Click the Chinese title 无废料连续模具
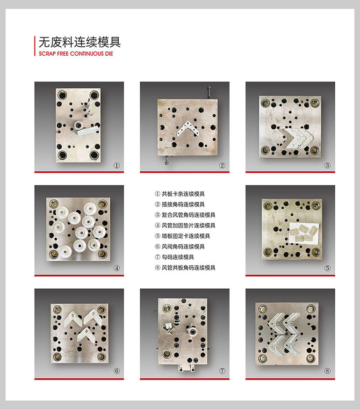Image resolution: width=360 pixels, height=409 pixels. pyautogui.click(x=79, y=42)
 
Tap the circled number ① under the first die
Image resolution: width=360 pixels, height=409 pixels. pyautogui.click(x=117, y=165)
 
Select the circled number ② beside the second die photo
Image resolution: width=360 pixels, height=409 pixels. pyautogui.click(x=223, y=165)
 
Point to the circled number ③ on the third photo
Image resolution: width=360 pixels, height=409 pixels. pyautogui.click(x=328, y=165)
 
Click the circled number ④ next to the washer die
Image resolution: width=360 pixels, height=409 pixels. pyautogui.click(x=117, y=268)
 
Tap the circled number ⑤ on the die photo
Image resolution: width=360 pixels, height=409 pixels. pyautogui.click(x=328, y=268)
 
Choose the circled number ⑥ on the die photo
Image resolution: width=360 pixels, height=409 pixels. pyautogui.click(x=117, y=371)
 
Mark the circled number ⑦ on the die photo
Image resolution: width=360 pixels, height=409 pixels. pyautogui.click(x=223, y=371)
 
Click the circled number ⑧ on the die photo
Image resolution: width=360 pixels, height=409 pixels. pyautogui.click(x=328, y=371)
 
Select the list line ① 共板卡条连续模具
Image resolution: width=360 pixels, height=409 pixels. pyautogui.click(x=180, y=194)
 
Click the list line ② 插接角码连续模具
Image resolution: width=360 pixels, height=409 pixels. pyautogui.click(x=180, y=204)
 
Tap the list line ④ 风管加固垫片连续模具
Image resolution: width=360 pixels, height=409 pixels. pyautogui.click(x=185, y=226)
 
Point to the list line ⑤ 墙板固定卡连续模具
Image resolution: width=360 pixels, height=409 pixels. pyautogui.click(x=182, y=236)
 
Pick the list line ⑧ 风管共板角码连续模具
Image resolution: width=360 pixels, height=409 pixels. pyautogui.click(x=185, y=268)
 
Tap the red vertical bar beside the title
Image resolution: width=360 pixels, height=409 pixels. pyautogui.click(x=35, y=46)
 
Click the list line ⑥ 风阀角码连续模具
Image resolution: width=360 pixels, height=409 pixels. pyautogui.click(x=180, y=247)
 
